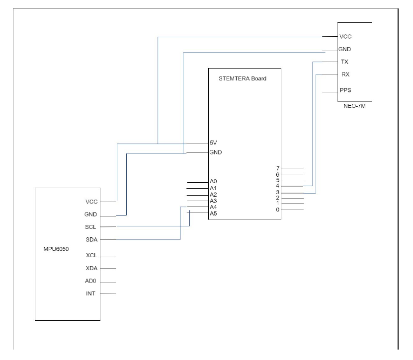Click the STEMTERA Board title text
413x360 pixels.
coord(242,78)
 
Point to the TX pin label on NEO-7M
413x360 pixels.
coord(344,62)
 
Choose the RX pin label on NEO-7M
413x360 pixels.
coord(344,74)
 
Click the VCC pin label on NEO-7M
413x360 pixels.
coord(345,37)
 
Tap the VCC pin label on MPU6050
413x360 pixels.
coord(91,202)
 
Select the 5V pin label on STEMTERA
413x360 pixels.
coord(213,143)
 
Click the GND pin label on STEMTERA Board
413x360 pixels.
coord(215,152)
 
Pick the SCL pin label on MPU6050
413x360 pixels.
coord(91,227)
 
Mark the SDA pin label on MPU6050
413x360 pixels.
coord(91,240)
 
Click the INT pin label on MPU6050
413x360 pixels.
coord(91,293)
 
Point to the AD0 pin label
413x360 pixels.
coord(91,282)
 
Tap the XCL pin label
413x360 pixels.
coord(91,256)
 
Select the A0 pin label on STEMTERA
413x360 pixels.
coord(213,182)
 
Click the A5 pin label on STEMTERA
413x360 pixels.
coord(213,214)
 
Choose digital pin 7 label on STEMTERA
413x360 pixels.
coord(278,168)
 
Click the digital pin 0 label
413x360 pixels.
coord(278,210)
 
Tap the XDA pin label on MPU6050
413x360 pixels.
coord(91,269)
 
